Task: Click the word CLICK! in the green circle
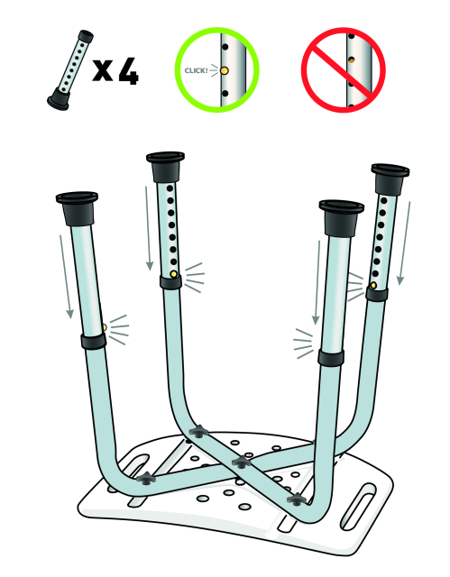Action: (196, 70)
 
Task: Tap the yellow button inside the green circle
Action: (224, 70)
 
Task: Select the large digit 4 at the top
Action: (128, 71)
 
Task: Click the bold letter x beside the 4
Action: (102, 70)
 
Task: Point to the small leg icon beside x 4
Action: (70, 70)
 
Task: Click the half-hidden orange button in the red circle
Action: (352, 60)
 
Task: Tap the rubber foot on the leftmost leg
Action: (78, 208)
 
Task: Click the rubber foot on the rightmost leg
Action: (390, 179)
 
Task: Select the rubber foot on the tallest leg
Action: (165, 166)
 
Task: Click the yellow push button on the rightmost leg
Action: (373, 285)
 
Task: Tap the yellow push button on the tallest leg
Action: (174, 274)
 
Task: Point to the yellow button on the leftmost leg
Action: (105, 327)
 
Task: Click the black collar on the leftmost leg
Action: (94, 342)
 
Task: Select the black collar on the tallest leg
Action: (170, 282)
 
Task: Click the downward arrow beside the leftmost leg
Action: (66, 277)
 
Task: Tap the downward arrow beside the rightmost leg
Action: (404, 243)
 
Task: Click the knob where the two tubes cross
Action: (241, 463)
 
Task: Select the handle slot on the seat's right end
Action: (358, 507)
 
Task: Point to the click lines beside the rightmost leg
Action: (355, 287)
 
